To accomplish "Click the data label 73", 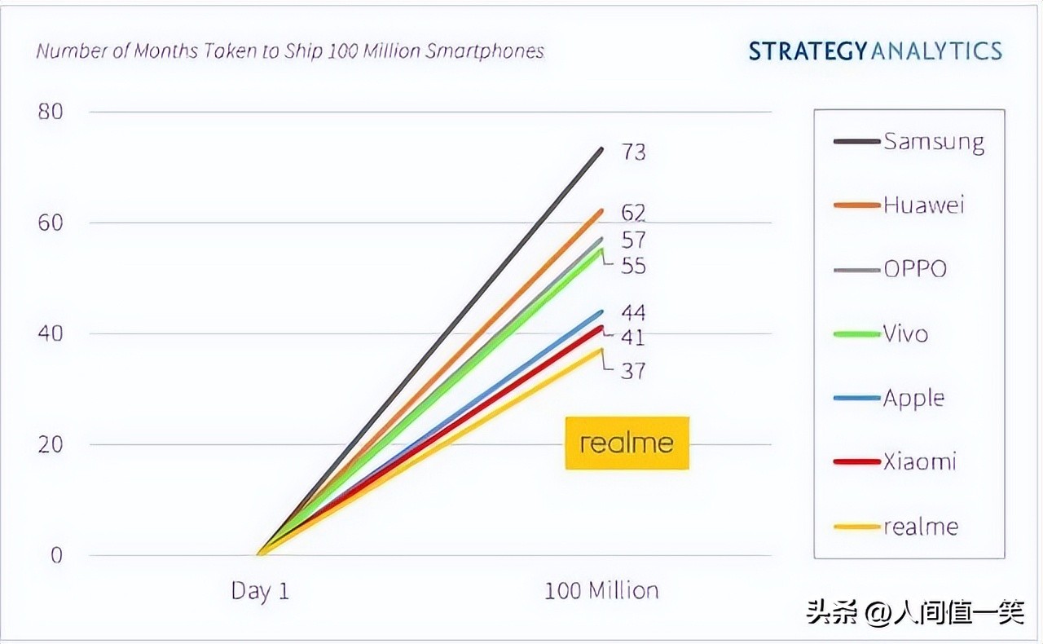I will [x=633, y=152].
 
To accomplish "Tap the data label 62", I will [x=633, y=214].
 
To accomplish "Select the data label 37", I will [x=633, y=371].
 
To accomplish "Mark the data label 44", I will [x=633, y=313].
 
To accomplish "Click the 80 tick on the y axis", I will [x=50, y=112].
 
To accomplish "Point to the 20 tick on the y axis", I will [x=50, y=445].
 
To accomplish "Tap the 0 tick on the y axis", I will [x=56, y=556].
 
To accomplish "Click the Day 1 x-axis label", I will [x=260, y=591].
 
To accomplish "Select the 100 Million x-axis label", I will [x=601, y=591].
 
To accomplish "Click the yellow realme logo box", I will [x=627, y=443].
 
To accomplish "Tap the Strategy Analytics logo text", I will [x=875, y=51].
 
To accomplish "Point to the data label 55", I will [x=633, y=266].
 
